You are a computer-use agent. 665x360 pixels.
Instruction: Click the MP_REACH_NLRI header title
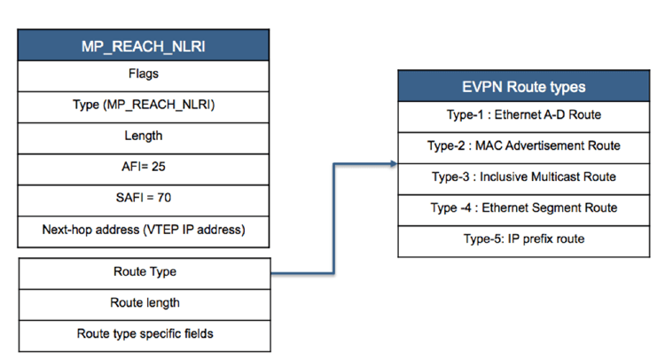tap(143, 45)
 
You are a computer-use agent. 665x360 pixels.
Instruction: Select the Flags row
tap(143, 74)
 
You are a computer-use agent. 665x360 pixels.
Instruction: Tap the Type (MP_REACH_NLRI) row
tap(143, 105)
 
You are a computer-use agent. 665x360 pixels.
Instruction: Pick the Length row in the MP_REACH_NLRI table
tap(143, 136)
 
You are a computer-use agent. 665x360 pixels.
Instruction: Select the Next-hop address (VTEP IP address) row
tap(143, 229)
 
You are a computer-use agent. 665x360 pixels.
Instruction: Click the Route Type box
tap(143, 271)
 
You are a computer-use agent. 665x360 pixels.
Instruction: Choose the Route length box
tap(143, 302)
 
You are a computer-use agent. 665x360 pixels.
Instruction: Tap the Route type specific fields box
tap(143, 333)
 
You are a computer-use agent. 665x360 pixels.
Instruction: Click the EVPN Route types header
tap(523, 87)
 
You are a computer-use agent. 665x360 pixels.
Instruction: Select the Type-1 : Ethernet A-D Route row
tap(523, 114)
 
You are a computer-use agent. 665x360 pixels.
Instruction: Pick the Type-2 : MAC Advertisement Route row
tap(523, 145)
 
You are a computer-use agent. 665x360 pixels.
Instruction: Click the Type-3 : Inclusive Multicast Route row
tap(523, 176)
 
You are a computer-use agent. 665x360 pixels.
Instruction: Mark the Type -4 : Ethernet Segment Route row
tap(523, 207)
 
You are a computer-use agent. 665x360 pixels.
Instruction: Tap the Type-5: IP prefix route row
tap(523, 239)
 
